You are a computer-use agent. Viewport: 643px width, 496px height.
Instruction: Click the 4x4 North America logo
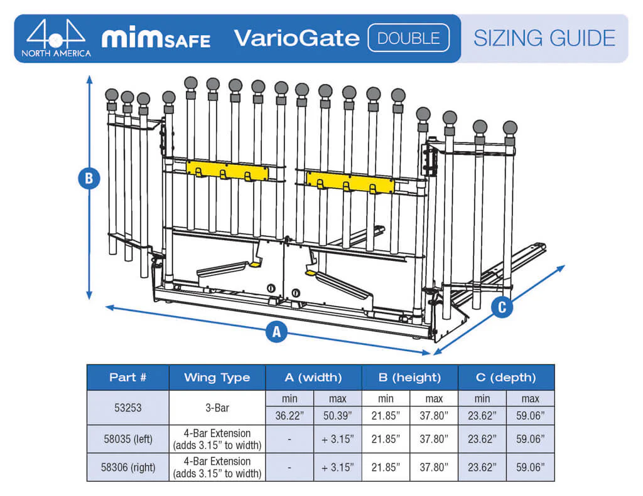[56, 38]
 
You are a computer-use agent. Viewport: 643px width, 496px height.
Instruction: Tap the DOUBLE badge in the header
[409, 38]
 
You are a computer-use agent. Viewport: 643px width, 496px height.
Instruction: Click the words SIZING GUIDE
[544, 38]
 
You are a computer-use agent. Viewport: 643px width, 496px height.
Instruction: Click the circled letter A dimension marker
[276, 331]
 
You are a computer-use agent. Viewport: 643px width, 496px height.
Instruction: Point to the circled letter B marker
[89, 179]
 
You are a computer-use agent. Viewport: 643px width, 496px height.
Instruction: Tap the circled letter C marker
[501, 307]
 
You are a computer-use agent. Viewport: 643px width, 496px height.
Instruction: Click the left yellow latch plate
[227, 171]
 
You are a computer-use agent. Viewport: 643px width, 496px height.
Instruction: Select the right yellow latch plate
[350, 182]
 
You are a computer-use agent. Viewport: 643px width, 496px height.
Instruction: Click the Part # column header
[127, 377]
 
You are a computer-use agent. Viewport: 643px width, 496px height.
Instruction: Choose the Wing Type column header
[217, 377]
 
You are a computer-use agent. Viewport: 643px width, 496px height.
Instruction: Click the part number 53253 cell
[127, 408]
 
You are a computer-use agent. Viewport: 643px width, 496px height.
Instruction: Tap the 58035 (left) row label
[127, 439]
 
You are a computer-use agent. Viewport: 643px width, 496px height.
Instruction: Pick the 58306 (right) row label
[127, 467]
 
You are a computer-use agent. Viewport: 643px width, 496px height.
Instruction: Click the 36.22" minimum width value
[289, 415]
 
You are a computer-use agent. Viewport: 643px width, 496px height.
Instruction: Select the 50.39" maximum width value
[337, 415]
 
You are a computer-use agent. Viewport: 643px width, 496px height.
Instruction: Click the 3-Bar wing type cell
[217, 408]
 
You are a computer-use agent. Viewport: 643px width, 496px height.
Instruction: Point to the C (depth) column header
[505, 377]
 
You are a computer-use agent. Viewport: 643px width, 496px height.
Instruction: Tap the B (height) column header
[409, 377]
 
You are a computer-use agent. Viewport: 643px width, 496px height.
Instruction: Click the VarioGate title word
[296, 38]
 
